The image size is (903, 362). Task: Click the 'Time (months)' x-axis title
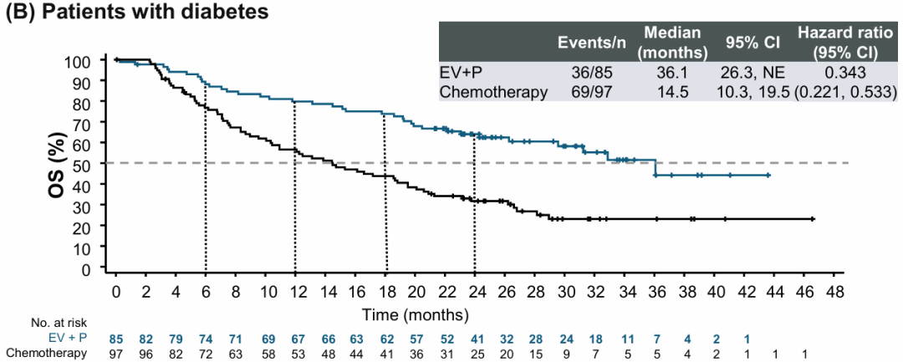pyautogui.click(x=415, y=314)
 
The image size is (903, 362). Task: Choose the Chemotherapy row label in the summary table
pyautogui.click(x=494, y=91)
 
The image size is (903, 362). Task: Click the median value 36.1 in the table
pyautogui.click(x=672, y=73)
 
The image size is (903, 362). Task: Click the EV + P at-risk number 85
pyautogui.click(x=116, y=339)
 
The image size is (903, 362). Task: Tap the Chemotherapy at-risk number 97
pyautogui.click(x=116, y=354)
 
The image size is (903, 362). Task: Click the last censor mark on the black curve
pyautogui.click(x=812, y=219)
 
